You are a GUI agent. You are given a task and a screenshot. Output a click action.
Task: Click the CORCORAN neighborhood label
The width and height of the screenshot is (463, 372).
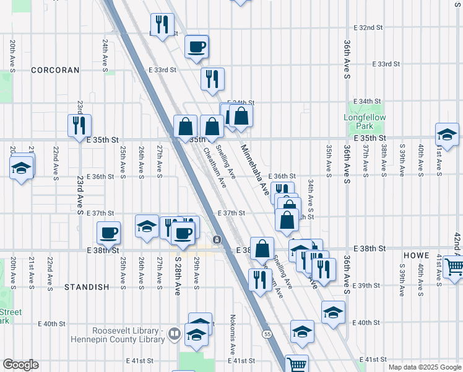click(x=56, y=70)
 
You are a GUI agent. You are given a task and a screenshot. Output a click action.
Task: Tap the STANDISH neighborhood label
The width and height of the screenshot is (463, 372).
click(x=87, y=287)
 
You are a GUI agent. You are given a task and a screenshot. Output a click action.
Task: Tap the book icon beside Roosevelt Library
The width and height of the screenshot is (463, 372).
click(x=175, y=335)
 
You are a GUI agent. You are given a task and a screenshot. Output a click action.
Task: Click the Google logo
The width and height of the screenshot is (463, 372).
click(x=21, y=365)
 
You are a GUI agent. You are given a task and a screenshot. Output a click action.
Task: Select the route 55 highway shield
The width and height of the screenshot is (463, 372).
click(x=267, y=334)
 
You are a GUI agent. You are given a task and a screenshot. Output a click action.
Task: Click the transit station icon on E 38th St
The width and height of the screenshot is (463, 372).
click(x=217, y=239)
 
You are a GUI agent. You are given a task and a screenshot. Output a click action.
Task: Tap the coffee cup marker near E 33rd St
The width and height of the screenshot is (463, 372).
click(x=196, y=46)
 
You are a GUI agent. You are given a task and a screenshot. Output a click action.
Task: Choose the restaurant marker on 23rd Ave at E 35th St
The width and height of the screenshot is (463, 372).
click(x=79, y=125)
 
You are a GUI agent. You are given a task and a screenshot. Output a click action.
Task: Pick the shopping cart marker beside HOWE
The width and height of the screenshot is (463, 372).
click(x=454, y=266)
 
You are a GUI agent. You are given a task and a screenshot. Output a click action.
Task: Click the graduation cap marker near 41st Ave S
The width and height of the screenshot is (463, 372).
click(x=446, y=134)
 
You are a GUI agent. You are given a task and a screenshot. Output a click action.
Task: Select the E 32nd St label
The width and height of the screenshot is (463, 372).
click(x=368, y=28)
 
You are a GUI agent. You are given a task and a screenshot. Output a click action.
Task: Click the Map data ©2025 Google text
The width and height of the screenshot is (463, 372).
click(x=424, y=367)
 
